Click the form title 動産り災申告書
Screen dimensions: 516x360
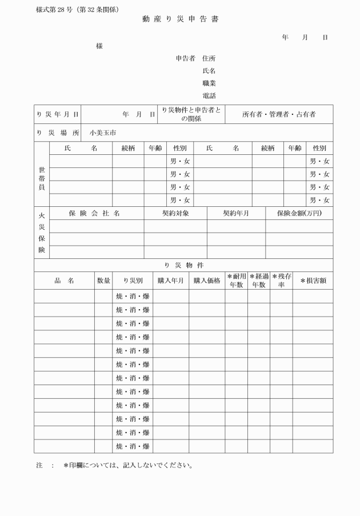(180, 19)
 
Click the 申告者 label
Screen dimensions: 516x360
(186, 58)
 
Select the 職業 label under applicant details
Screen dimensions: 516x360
(209, 83)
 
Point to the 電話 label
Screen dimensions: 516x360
(209, 96)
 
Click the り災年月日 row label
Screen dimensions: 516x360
(58, 114)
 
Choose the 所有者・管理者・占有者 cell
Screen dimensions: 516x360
(279, 114)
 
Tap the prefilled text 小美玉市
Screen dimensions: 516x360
(103, 133)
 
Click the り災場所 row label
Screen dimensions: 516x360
(58, 133)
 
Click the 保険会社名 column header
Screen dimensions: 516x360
(94, 213)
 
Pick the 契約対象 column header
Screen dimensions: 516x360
(175, 213)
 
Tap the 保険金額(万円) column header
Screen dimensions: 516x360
(299, 213)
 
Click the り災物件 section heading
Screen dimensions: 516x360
(183, 265)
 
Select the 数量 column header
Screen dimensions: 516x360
(103, 281)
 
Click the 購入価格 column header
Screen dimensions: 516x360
(207, 281)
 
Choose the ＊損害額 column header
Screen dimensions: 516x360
(313, 281)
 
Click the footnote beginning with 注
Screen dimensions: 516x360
(114, 465)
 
